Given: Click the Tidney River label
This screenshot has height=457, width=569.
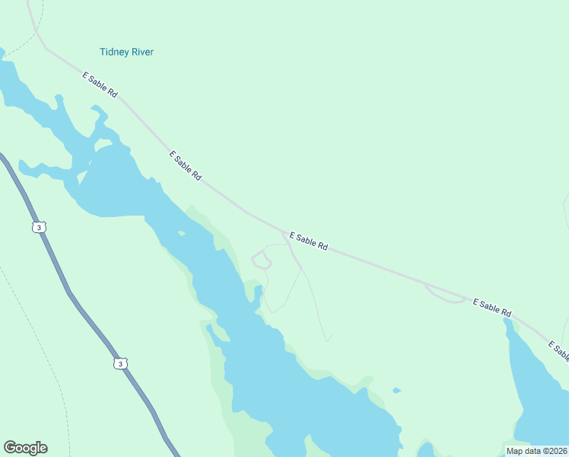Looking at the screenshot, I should point(126,52).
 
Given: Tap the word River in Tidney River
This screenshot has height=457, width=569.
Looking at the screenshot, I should point(141,52).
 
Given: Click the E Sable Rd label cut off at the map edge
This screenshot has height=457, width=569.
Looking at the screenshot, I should point(558,351).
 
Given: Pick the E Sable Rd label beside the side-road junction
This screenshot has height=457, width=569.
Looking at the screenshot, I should point(307,241).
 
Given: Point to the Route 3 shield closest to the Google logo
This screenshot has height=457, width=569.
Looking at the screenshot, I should point(119,364).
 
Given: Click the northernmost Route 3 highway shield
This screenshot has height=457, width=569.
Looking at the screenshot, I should point(39,228).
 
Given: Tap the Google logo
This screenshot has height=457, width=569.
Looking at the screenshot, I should point(25,448).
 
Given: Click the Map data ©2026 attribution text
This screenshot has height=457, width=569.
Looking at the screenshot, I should point(536,451).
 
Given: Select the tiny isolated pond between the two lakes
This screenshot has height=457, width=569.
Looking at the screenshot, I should point(396,391).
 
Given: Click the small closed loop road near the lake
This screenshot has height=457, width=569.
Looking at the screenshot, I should point(261,260).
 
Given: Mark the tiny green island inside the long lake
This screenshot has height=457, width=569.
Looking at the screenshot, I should point(180,232).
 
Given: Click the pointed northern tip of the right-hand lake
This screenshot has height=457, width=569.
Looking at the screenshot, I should point(506,320).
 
